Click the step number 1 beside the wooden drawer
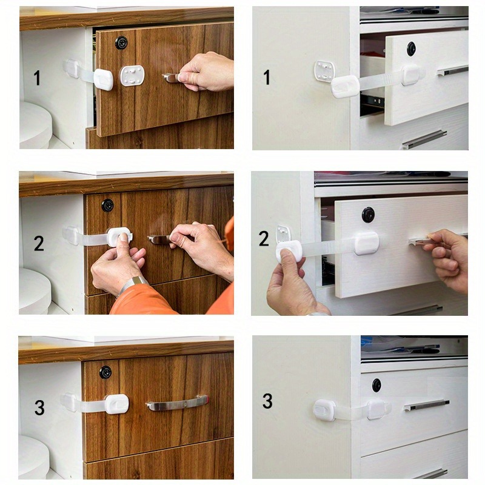coord(37,78)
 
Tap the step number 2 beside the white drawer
coord(264,238)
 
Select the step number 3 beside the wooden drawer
coord(39,407)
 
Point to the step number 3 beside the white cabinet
coord(267,401)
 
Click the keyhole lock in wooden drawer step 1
coord(121,42)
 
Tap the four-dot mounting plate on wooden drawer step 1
coord(132,76)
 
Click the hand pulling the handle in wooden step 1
coord(206,72)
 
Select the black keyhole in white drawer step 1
coord(412,48)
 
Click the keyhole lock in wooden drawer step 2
coord(107,205)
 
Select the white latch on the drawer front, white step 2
coord(367,242)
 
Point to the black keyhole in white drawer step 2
coord(368,214)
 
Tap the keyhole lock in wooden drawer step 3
coord(105,372)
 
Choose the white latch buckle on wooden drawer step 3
coord(116,404)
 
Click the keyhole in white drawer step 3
coord(376,384)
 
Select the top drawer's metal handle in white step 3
coord(427,404)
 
